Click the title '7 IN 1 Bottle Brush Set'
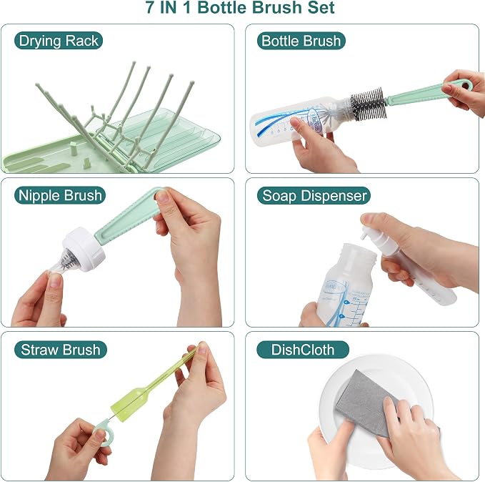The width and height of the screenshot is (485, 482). click(x=240, y=7)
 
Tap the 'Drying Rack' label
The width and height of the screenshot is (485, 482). click(x=59, y=41)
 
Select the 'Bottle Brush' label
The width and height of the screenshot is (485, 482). click(x=301, y=41)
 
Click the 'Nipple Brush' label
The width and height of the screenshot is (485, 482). click(x=60, y=195)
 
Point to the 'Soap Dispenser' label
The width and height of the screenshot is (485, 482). click(x=314, y=195)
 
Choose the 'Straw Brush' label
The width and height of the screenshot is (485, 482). click(x=60, y=350)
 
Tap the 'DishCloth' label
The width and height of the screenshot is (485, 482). click(x=303, y=350)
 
